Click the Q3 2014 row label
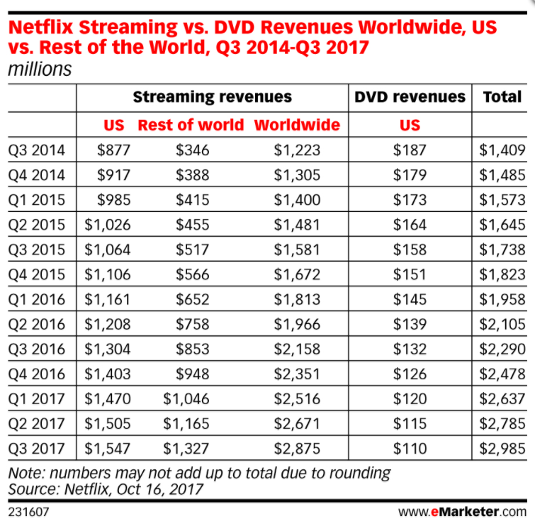37,150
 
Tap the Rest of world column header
191,125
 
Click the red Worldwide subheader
297,125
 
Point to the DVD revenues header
410,97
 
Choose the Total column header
502,97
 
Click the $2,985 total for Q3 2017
502,449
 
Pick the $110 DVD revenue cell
410,449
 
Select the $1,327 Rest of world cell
186,449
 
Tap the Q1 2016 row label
37,299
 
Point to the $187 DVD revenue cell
410,150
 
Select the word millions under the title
40,69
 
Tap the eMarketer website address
462,510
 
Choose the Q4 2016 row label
37,374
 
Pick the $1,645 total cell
502,225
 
